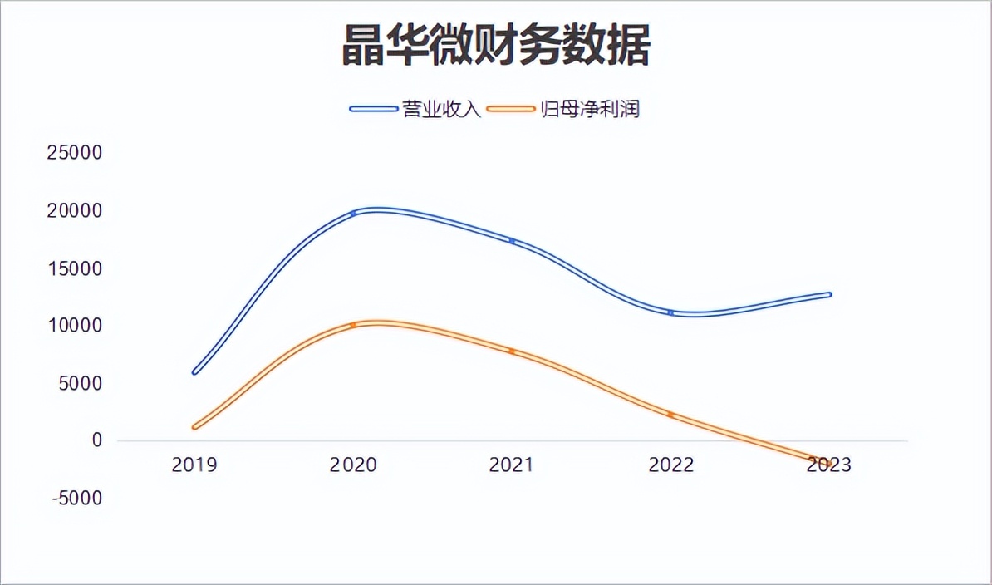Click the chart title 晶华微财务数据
(496, 46)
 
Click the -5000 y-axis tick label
(75, 499)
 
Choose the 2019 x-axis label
(194, 465)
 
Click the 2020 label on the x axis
(353, 465)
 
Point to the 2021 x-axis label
(512, 465)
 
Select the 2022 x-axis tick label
(670, 465)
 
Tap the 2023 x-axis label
(829, 465)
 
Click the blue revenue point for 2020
(353, 214)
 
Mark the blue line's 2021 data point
(512, 241)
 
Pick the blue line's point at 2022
(670, 312)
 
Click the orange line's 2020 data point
(353, 325)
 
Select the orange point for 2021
(512, 351)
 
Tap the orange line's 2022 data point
(670, 415)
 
